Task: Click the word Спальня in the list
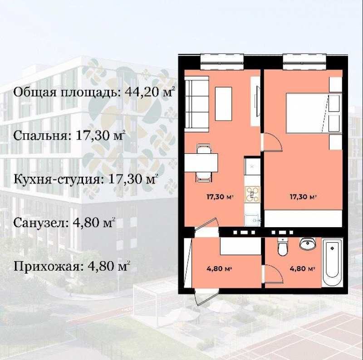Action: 39,136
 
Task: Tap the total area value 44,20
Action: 140,92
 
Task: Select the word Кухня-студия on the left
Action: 57,179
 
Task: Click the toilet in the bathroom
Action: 282,247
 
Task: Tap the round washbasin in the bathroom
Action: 308,244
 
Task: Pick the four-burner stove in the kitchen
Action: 252,194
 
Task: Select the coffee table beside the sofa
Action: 223,103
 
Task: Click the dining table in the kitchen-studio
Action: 201,162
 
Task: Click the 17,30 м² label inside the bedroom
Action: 303,197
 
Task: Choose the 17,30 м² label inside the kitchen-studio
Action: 220,197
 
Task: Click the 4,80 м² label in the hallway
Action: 220,268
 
